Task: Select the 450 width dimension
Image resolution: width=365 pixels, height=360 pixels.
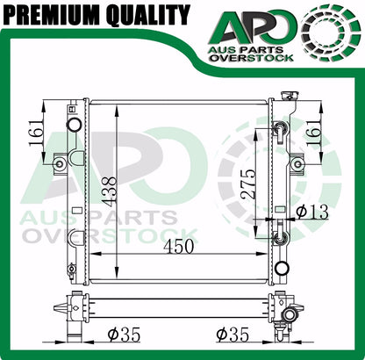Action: point(179,248)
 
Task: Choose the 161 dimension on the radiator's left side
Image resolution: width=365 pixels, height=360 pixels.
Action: point(35,134)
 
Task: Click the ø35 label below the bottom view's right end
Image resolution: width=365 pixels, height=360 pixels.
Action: point(235,334)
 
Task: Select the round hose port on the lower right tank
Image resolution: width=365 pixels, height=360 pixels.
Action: point(281,268)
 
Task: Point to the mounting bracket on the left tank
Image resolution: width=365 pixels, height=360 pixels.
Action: point(59,163)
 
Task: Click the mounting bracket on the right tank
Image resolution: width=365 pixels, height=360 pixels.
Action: point(297,163)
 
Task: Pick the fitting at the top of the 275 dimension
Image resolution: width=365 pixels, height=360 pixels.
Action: point(280,131)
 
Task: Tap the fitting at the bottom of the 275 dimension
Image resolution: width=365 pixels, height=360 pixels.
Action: point(280,237)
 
